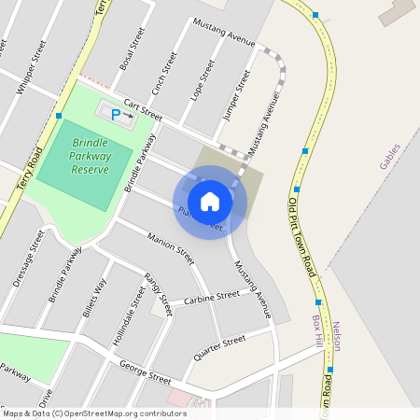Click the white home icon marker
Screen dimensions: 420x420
(210, 202)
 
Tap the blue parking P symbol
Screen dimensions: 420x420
(116, 115)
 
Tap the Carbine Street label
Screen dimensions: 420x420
(211, 297)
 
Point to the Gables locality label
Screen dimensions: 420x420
(389, 156)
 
